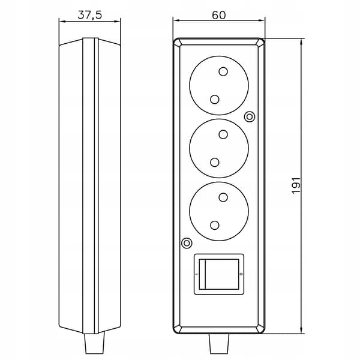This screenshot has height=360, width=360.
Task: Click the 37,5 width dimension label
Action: [89, 15]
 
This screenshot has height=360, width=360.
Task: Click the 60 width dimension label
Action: [219, 15]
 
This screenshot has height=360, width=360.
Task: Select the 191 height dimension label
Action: [296, 185]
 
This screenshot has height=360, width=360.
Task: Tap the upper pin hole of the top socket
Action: [223, 71]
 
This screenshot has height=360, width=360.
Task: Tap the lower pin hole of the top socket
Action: [215, 99]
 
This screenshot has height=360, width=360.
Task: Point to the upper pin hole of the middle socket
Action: [223, 134]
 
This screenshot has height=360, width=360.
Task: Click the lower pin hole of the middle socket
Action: [215, 163]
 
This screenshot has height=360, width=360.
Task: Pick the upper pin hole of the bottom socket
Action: [223, 197]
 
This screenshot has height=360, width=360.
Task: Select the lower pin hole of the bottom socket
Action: [215, 225]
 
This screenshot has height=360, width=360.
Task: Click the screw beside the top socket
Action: [250, 116]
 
